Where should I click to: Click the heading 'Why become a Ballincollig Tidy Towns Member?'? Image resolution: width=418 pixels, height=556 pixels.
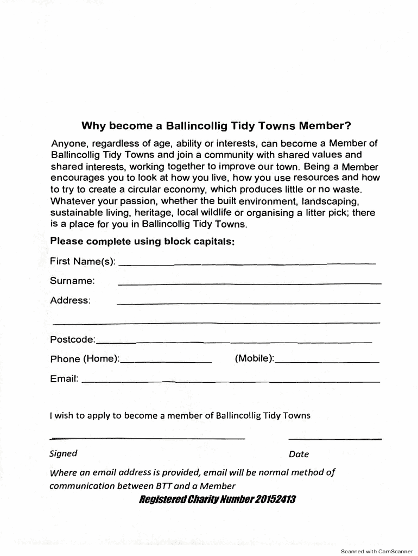[217, 127]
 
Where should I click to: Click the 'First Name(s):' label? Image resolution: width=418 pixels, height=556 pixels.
[83, 262]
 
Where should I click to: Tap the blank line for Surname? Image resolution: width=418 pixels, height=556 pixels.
[249, 283]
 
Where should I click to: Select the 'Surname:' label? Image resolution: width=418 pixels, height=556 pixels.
[72, 281]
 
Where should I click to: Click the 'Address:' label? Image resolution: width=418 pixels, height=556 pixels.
[70, 300]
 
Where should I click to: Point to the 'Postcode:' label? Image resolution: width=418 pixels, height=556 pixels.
[73, 340]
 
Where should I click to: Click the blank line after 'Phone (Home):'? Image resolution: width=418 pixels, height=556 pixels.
[166, 362]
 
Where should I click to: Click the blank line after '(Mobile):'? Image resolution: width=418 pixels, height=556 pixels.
[327, 362]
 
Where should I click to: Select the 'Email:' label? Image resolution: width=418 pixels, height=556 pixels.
[65, 378]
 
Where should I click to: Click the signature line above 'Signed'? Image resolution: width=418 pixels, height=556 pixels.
[147, 438]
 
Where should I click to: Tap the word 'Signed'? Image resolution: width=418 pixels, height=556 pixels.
[63, 453]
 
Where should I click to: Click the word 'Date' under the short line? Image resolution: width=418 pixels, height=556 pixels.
[299, 454]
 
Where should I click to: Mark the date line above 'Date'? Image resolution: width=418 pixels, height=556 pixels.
[335, 438]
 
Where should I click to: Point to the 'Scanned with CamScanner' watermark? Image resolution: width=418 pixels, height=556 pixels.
[376, 551]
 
